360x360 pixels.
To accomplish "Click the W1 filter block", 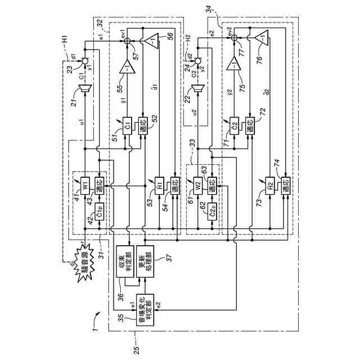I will [84, 184].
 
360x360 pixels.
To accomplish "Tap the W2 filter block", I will [197, 184].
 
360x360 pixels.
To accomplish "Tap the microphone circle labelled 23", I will [84, 60].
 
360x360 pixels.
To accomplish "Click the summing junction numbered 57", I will [128, 40].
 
